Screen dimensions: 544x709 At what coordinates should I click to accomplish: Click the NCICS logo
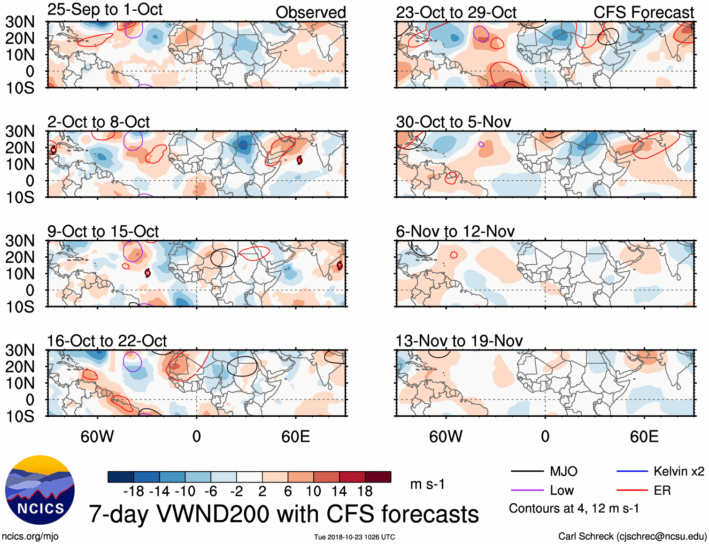tap(40, 490)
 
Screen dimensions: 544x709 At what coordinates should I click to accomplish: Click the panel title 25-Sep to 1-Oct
tap(105, 9)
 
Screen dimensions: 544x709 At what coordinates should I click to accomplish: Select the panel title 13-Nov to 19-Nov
tap(459, 341)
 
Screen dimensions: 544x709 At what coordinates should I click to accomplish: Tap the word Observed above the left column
tap(310, 13)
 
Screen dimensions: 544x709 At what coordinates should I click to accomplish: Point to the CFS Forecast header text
tap(643, 13)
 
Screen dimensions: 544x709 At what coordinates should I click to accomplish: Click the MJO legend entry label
tap(563, 471)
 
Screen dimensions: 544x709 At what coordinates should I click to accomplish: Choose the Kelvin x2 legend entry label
tap(678, 471)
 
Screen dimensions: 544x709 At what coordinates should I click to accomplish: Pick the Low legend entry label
tap(562, 490)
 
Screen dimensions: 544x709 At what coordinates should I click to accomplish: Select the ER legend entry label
tap(662, 490)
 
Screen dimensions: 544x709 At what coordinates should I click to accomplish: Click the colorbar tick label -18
tap(133, 491)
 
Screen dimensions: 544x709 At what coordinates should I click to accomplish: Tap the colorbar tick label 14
tap(339, 491)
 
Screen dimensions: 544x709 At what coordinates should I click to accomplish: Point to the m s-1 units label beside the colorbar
tap(427, 484)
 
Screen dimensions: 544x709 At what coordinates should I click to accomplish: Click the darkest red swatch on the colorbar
tap(378, 477)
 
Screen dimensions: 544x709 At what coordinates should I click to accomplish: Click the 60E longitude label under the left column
tap(295, 437)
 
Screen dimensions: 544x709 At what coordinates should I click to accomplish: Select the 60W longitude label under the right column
tap(446, 437)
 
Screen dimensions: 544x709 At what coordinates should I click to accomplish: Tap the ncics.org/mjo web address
tap(30, 536)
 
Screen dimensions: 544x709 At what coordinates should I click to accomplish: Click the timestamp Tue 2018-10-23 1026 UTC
tap(354, 537)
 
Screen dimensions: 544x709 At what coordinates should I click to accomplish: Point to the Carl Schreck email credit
tap(632, 536)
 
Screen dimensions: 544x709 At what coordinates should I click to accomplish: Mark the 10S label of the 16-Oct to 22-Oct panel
tap(20, 416)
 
